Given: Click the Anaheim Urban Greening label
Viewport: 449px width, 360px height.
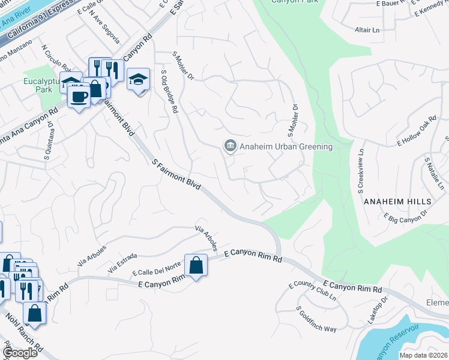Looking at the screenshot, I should (286, 146).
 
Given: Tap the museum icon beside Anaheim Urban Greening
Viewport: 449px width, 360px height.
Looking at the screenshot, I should (229, 146).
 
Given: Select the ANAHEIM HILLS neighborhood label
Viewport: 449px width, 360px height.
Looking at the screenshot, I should (397, 202).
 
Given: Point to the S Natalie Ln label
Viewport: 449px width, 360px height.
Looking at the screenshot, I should (435, 175).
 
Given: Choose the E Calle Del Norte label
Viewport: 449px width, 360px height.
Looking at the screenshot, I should (157, 269).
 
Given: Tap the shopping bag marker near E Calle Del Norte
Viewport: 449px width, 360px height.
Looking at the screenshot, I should (196, 265).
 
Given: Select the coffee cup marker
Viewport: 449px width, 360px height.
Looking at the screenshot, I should (79, 95).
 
